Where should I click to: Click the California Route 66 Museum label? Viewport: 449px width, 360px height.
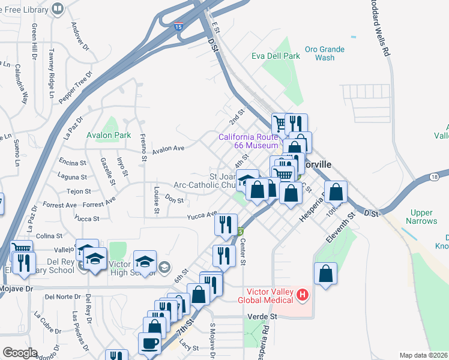248,141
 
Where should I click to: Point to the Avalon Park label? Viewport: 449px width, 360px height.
109,135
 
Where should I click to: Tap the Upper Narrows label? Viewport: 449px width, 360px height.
422,217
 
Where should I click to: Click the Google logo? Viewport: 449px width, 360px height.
20,353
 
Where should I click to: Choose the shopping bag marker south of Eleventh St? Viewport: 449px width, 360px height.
325,274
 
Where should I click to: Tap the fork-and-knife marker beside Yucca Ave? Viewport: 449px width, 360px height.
226,224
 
